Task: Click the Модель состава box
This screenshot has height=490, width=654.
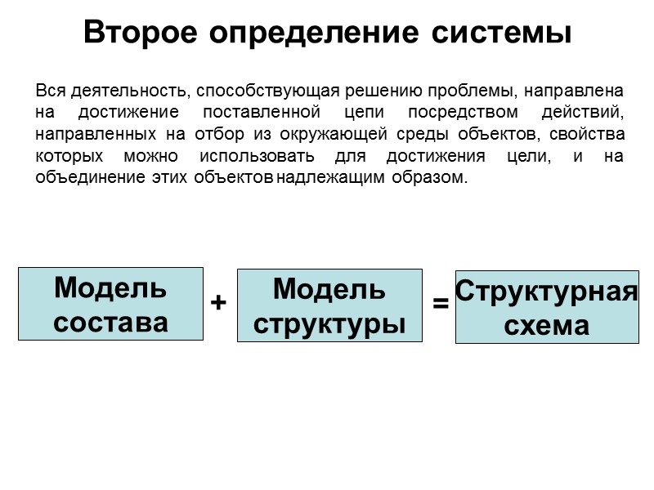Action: click(110, 304)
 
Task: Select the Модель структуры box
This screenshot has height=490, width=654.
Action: click(329, 305)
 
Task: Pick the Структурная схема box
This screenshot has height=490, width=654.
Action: click(546, 307)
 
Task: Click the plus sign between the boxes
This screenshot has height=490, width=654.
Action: click(218, 303)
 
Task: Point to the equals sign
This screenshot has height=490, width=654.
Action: click(441, 304)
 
